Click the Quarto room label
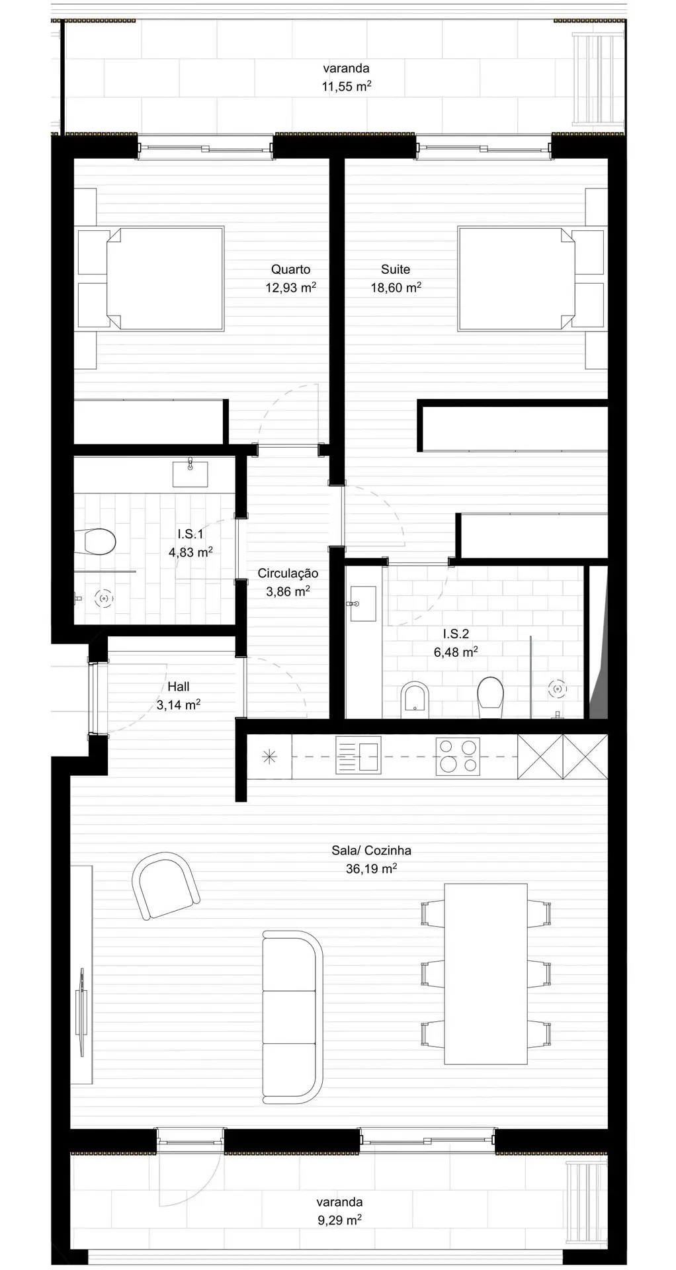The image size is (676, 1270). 290,269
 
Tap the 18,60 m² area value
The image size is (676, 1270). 396,288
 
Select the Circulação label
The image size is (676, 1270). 288,573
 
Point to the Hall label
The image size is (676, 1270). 179,687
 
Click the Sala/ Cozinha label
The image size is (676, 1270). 371,851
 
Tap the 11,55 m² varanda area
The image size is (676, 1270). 346,87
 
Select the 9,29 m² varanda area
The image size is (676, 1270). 339,1220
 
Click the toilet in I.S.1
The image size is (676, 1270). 99,542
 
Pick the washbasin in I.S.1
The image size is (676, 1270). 190,474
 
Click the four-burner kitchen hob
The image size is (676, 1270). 458,756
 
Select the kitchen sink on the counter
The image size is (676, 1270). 358,756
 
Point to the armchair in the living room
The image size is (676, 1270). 165,885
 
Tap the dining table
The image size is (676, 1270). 486,973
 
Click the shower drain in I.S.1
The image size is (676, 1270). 103,598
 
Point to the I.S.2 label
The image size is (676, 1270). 456,634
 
